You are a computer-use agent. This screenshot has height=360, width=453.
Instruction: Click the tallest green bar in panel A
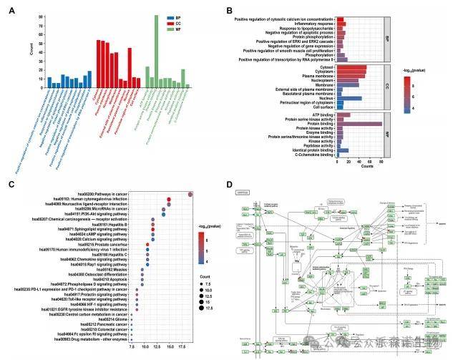(x=156, y=50)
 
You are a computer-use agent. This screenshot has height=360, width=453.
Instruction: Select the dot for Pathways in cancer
(x=190, y=194)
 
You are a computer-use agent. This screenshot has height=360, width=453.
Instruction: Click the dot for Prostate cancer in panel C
(x=147, y=244)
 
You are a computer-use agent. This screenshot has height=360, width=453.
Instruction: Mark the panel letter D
(x=229, y=185)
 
